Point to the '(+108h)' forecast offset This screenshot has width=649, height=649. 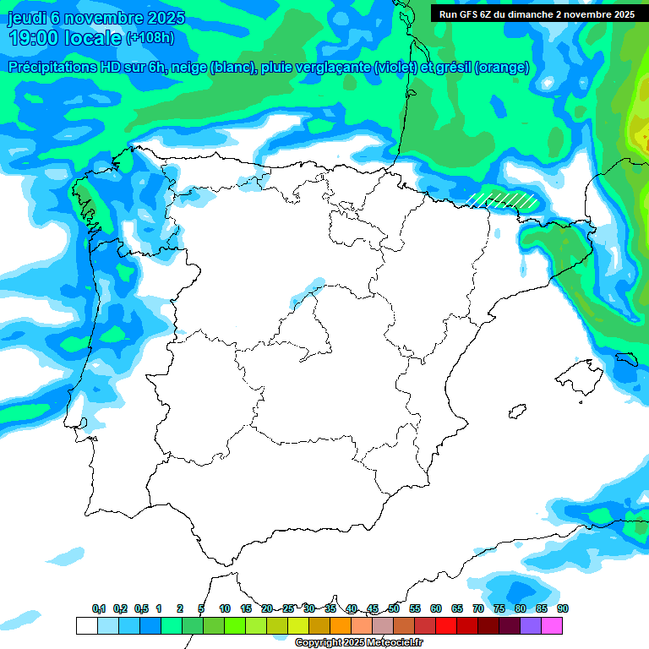[x=150, y=38]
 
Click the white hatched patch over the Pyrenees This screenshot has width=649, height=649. [x=504, y=199]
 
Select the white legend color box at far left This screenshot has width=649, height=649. [x=86, y=626]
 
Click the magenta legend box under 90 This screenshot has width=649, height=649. [x=552, y=626]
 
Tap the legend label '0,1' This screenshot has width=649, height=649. [x=99, y=608]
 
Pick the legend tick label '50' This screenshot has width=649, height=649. [x=394, y=608]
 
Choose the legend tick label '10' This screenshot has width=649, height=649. [x=225, y=608]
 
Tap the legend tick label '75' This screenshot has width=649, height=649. [x=499, y=608]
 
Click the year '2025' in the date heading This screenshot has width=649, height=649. [x=166, y=18]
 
